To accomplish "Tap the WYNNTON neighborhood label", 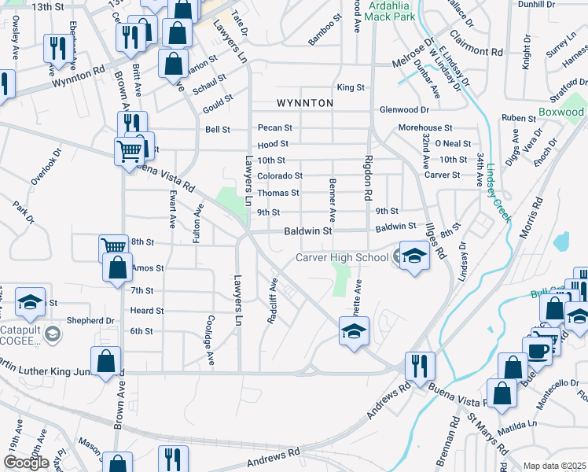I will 305,103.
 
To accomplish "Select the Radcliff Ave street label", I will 273,305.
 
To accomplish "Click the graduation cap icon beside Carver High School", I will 413,256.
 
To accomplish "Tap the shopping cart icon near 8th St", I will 114,246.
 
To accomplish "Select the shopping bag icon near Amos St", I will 117,267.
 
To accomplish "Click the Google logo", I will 25,463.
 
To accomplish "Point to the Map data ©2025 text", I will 554,466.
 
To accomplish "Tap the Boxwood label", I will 561,112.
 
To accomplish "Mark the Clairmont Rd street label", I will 476,44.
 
